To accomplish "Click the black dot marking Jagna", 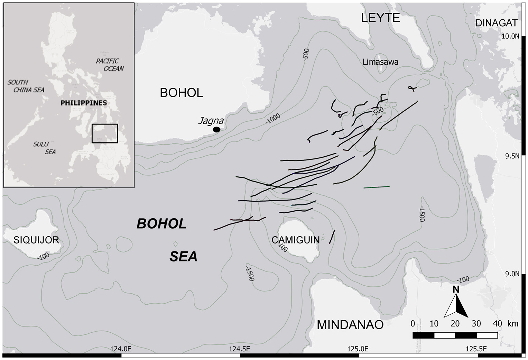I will [216, 129].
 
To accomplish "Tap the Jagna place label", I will [211, 121].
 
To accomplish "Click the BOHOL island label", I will [181, 93].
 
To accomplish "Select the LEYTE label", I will [380, 18].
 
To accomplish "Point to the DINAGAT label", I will [497, 23].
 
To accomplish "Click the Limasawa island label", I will [380, 62].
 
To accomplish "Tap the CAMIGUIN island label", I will [296, 240].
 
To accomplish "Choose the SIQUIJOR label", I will [36, 240].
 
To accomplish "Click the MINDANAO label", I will [350, 325].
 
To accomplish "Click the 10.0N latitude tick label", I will [510, 36].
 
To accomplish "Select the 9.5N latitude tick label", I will [512, 156].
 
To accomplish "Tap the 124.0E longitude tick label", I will [121, 348].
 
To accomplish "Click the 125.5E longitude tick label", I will [476, 348].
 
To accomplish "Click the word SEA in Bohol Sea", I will [183, 257].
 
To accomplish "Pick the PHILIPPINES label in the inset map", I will [83, 103].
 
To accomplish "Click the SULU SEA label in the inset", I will [45, 148].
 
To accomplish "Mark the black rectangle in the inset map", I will [105, 133].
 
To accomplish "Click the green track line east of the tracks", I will [376, 187].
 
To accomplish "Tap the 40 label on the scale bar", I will [497, 324].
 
